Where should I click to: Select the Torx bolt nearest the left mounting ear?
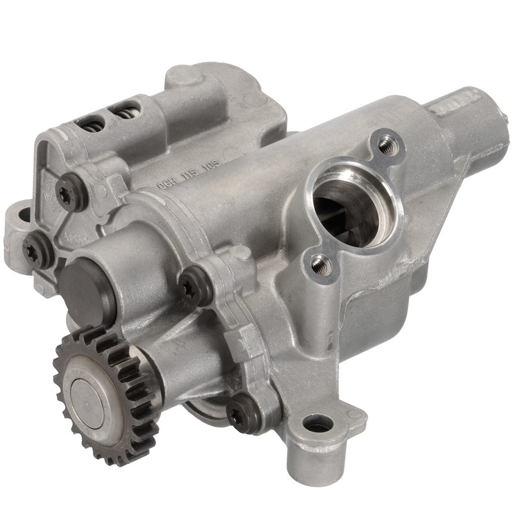click(38, 250)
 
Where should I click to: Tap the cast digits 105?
click(211, 165)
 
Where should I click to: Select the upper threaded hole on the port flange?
click(386, 147)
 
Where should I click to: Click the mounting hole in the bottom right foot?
click(317, 423)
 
